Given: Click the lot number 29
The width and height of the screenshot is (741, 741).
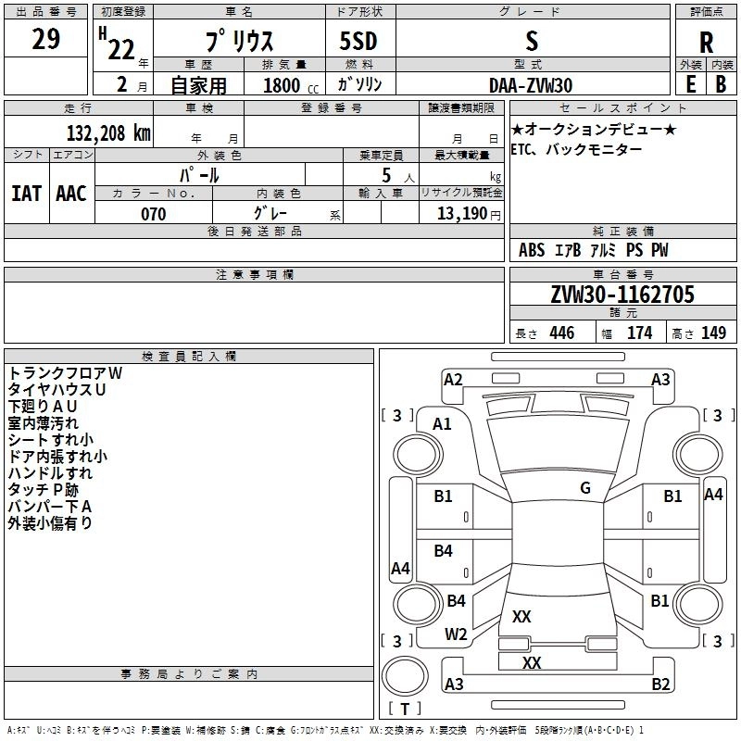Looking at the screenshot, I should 45,40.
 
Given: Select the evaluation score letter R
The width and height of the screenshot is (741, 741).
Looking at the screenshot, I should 706,43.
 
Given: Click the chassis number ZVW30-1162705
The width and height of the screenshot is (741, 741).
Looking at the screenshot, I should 622,295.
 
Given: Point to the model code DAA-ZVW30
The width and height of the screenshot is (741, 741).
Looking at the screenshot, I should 531,84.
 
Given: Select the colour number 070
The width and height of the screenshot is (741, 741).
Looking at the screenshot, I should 153,214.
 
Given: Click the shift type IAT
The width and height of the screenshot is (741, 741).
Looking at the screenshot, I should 26,194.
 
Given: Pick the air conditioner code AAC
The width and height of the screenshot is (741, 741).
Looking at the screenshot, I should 71,194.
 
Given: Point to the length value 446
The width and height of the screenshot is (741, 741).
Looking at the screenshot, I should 560,333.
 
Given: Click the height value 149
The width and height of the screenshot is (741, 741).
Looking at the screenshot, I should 712,333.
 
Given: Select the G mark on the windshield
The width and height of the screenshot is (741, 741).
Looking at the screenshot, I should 585,488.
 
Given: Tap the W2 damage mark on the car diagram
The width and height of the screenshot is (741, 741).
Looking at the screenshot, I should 456,634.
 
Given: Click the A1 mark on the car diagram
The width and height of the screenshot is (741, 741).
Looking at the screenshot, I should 443,423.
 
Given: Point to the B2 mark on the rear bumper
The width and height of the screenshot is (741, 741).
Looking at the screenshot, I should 660,684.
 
